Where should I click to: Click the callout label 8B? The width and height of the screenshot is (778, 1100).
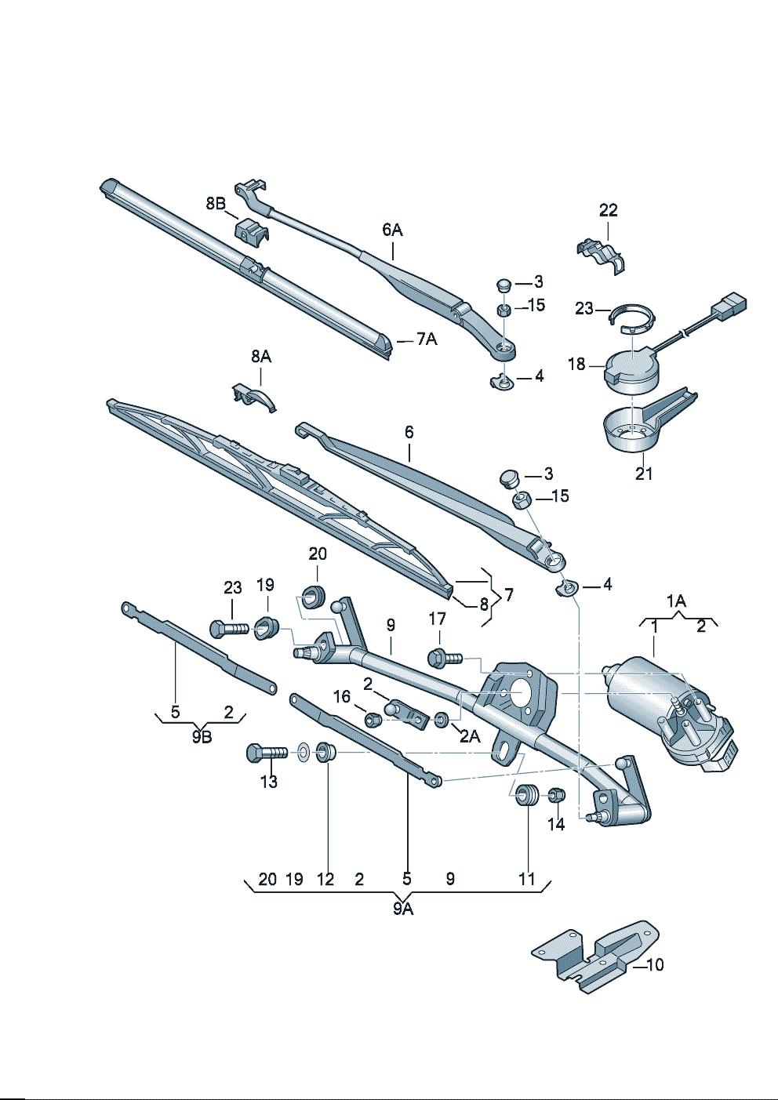[216, 203]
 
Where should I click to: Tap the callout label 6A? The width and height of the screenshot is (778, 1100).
[392, 230]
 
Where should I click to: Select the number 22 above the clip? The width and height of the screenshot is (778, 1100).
[608, 210]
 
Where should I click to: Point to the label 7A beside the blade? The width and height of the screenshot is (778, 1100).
[427, 339]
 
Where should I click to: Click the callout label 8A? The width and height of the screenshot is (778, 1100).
[261, 357]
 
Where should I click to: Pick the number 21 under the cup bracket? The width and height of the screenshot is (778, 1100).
[644, 474]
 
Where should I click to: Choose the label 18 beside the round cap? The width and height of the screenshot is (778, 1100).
[576, 365]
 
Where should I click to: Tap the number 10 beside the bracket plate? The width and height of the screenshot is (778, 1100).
[655, 965]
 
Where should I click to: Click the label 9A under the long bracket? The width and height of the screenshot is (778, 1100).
[403, 909]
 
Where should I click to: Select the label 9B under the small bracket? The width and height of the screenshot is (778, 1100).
[202, 737]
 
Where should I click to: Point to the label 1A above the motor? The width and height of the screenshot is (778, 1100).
[676, 601]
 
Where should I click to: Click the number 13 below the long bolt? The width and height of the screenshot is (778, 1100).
[269, 782]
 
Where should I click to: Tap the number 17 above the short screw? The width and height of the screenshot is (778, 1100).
[437, 619]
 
